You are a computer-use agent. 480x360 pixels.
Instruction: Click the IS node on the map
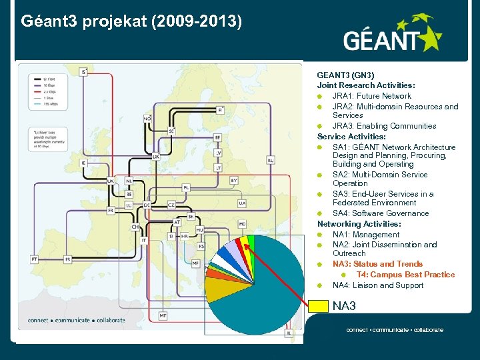[83, 71]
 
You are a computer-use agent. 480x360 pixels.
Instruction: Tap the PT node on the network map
[34, 258]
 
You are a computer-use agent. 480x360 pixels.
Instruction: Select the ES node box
[67, 258]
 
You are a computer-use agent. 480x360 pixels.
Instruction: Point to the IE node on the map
[83, 163]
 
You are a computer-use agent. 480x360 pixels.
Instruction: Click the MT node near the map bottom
[163, 315]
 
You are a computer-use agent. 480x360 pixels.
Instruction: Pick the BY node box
[233, 180]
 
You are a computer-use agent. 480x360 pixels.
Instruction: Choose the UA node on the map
[241, 203]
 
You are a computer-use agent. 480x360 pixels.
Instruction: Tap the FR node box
[111, 210]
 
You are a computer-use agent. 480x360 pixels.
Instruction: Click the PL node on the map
[186, 188]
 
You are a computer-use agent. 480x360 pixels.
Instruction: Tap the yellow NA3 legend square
[319, 306]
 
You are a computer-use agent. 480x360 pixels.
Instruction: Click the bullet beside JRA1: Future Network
[320, 96]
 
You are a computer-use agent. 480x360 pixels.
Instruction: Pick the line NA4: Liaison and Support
[378, 285]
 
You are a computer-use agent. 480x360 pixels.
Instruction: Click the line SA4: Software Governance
[381, 213]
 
